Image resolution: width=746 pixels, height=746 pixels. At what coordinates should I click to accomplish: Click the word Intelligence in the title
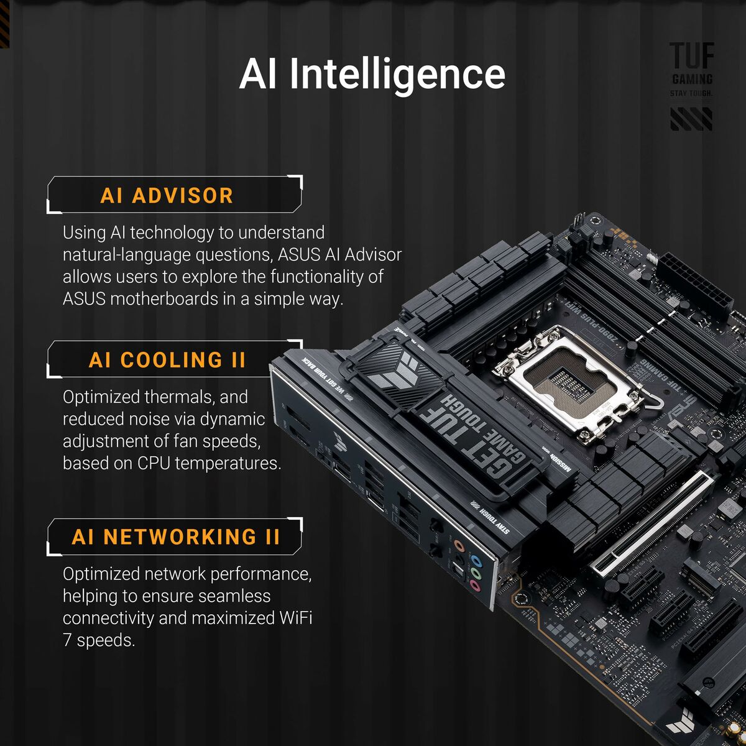(397, 75)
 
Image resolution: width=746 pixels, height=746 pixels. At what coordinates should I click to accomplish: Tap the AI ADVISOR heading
(167, 196)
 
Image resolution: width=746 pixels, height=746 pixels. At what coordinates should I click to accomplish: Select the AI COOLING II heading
(167, 360)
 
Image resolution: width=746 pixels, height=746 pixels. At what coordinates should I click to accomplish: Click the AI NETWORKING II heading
(176, 536)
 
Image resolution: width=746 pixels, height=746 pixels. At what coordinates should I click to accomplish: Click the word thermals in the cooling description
(180, 397)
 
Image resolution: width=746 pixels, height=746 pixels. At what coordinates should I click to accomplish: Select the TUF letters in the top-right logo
(691, 56)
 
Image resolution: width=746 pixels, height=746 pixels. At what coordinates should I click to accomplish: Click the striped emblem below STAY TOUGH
(691, 119)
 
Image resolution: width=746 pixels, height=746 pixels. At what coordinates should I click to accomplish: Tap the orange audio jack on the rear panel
(459, 546)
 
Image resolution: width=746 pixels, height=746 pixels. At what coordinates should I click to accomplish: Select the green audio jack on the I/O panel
(475, 573)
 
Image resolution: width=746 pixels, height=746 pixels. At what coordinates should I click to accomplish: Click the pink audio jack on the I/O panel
(475, 586)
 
